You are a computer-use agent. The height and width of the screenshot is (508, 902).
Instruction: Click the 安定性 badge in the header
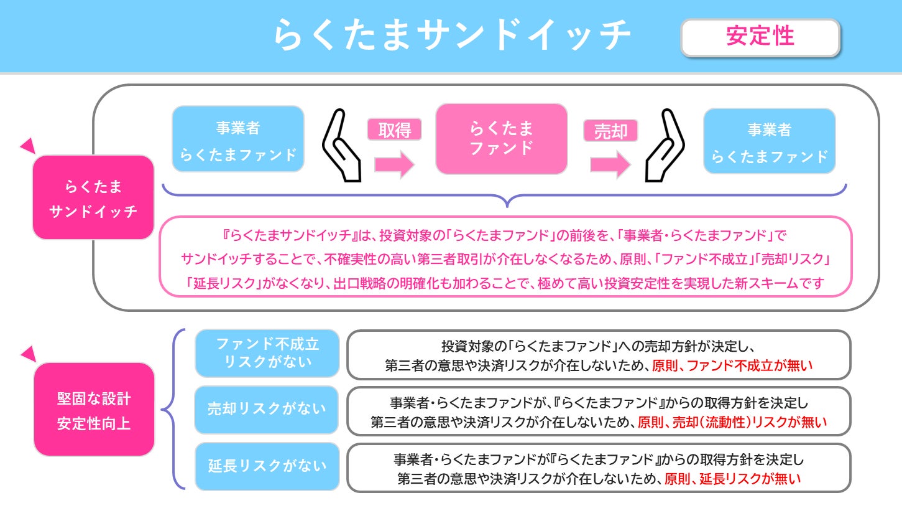click(x=760, y=37)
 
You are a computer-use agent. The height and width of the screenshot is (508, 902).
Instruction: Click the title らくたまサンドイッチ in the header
click(x=452, y=35)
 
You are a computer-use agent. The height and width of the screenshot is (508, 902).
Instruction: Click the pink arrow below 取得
click(x=394, y=164)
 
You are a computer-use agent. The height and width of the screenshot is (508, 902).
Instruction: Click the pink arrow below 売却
click(x=610, y=164)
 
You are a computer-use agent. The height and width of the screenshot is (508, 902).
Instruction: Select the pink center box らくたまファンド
click(x=501, y=139)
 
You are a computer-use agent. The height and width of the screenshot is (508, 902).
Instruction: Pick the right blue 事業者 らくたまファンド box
click(x=769, y=141)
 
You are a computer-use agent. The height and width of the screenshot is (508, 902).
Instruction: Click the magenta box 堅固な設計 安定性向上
click(x=94, y=409)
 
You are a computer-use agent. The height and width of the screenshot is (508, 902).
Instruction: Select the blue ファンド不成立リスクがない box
click(x=267, y=353)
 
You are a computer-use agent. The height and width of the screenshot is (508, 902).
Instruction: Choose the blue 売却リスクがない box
click(x=267, y=409)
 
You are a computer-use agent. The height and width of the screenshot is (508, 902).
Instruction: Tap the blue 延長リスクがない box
click(x=267, y=466)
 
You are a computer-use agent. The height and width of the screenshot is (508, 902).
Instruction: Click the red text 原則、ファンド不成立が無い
click(x=732, y=367)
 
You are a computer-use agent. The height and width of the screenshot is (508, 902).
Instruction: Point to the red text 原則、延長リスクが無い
click(x=732, y=479)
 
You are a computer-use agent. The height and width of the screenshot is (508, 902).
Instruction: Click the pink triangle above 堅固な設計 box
click(x=28, y=355)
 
